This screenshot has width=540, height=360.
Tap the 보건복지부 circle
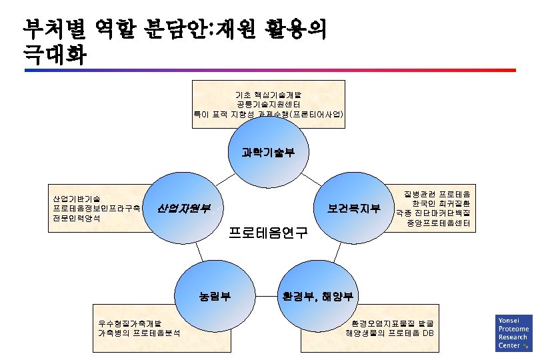pos(353,208)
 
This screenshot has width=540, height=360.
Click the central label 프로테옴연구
pos(268,233)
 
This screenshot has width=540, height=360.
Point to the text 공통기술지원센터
pos(268,105)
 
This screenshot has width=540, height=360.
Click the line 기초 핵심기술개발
pos(268,95)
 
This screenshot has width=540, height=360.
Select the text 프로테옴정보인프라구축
pos(97,209)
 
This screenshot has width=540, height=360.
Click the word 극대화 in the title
pos(53,55)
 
